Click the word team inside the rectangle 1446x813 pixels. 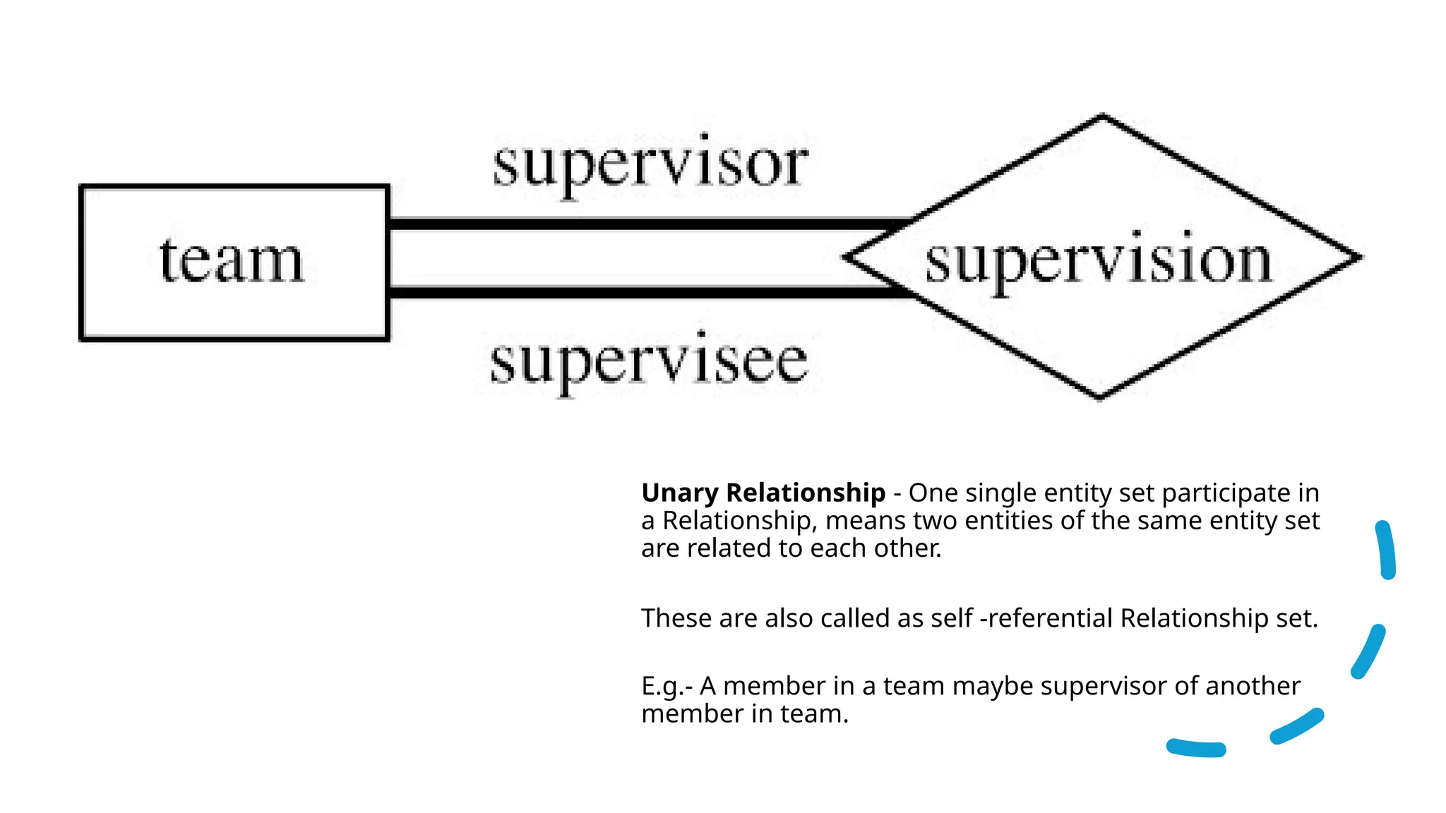(232, 261)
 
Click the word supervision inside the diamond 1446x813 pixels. (1099, 263)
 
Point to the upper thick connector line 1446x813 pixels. (635, 224)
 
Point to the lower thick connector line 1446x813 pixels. (635, 292)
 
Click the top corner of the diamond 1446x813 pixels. (1102, 116)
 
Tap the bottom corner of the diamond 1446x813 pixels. (1099, 397)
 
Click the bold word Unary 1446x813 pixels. (679, 493)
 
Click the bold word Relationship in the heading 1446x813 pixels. (805, 493)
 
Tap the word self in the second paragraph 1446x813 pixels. (952, 618)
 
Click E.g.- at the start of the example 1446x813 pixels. (667, 686)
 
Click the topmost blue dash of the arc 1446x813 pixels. (1386, 550)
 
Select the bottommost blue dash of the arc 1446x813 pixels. (1196, 748)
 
